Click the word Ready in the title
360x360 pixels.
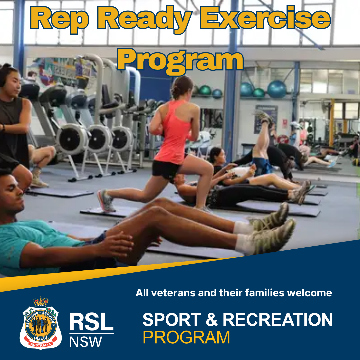[145, 20]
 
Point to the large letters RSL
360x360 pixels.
[91, 322]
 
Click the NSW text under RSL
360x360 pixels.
[85, 342]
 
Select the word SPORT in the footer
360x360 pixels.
[172, 319]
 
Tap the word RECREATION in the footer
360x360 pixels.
[278, 319]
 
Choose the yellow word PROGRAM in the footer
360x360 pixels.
[186, 337]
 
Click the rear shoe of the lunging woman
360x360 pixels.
[106, 201]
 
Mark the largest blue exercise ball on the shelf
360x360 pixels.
[277, 89]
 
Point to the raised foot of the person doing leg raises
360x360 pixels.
[264, 117]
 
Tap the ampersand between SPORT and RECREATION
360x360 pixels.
[212, 320]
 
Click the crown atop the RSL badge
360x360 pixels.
[41, 301]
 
